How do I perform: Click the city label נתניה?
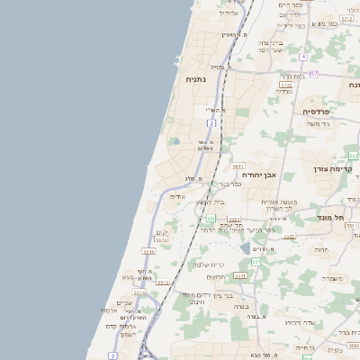pyautogui.click(x=196, y=79)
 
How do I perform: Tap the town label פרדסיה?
pyautogui.click(x=316, y=110)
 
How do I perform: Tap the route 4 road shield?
pyautogui.click(x=303, y=57)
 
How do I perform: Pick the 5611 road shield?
pyautogui.click(x=238, y=166)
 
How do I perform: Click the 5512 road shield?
pyautogui.click(x=164, y=282)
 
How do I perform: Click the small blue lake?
pyautogui.click(x=245, y=247)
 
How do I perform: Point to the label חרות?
pyautogui.click(x=321, y=248)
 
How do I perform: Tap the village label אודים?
pyautogui.click(x=177, y=196)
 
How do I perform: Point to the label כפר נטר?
pyautogui.click(x=229, y=184)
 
